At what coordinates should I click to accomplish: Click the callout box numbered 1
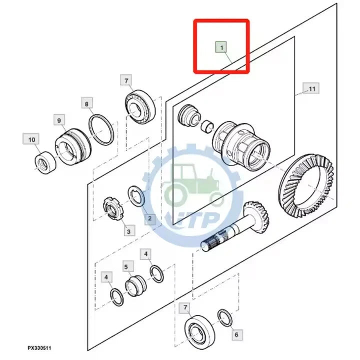221,47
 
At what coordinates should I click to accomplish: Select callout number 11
311,89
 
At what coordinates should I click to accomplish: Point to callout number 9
59,120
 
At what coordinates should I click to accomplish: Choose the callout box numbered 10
31,139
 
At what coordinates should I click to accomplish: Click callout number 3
128,230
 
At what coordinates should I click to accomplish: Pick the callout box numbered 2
150,218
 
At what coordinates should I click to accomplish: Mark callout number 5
126,267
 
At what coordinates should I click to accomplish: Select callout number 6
236,334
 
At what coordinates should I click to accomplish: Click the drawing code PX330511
40,347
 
